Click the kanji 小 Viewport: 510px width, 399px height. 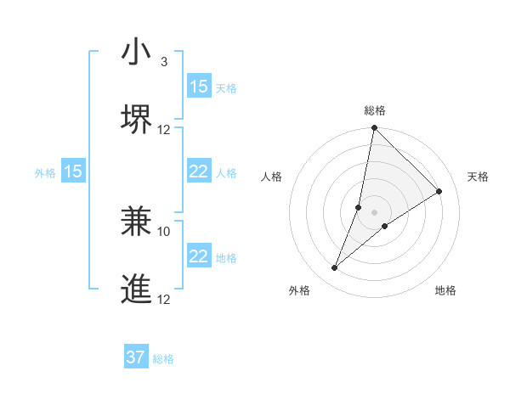(x=137, y=53)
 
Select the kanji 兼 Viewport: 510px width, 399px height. (x=137, y=222)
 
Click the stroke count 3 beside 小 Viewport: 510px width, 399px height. (x=164, y=62)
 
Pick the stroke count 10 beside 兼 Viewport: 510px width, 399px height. (x=164, y=231)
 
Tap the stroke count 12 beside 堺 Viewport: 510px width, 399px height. (x=164, y=130)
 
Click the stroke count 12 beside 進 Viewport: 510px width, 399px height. (x=164, y=299)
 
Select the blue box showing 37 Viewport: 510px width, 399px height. (x=136, y=357)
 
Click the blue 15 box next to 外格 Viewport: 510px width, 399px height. (x=73, y=171)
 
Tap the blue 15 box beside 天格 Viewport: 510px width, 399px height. (x=199, y=87)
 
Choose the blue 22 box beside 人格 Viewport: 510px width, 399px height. (x=199, y=171)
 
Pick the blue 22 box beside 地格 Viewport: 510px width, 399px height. (x=199, y=256)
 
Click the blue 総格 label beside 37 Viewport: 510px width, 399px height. (x=163, y=359)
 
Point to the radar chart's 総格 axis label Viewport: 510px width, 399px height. (x=375, y=110)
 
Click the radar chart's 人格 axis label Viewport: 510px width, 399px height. (x=272, y=177)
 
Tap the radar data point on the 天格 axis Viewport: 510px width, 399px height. (x=439, y=192)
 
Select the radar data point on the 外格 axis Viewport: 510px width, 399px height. (x=335, y=268)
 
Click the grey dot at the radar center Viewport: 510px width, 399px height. (x=375, y=213)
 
